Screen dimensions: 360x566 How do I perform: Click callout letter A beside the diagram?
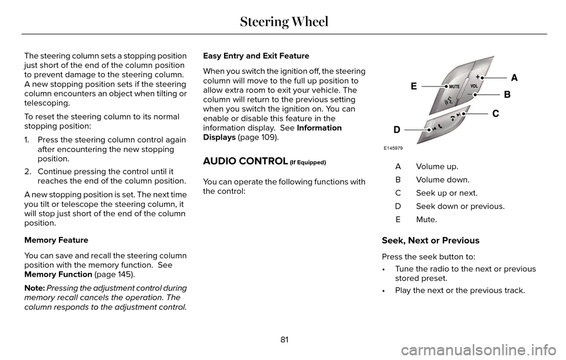coord(514,77)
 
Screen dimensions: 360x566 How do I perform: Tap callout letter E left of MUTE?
coord(414,86)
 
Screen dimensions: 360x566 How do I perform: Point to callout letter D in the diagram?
coord(398,128)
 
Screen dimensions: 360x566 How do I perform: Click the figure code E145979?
coord(395,148)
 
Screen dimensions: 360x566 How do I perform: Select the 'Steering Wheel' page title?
coord(283,22)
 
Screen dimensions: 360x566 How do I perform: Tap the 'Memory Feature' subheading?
coord(57,240)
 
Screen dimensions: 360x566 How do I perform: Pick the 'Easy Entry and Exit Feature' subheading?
coord(256,56)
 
